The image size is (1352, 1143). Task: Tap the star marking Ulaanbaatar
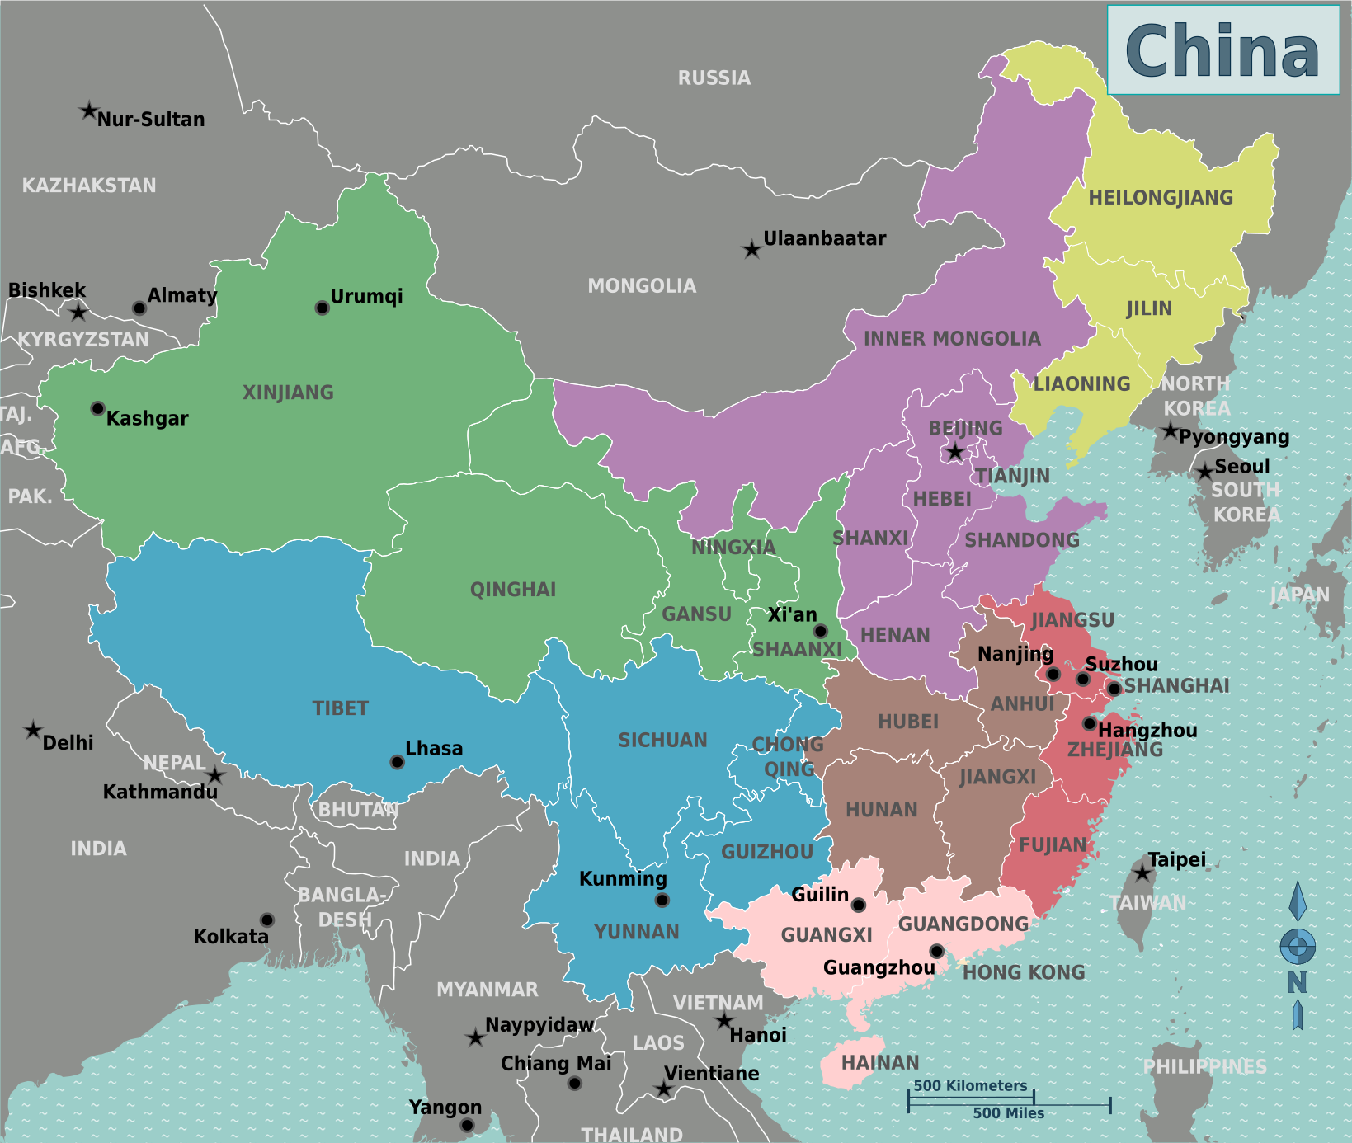[751, 249]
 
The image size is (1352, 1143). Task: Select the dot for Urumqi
[323, 308]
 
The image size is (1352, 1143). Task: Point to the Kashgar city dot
[97, 408]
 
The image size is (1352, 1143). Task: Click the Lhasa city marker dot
[397, 762]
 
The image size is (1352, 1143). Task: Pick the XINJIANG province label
[288, 393]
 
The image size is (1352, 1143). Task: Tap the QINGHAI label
[512, 590]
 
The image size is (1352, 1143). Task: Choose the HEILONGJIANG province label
[1161, 198]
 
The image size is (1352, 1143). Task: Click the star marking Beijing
[954, 452]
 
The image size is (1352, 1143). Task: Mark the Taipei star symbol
[1142, 873]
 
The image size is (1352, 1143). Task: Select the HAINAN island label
[879, 1063]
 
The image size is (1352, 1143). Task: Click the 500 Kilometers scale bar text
[970, 1085]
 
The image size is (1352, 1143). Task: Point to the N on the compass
[1297, 982]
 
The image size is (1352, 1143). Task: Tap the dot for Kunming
[662, 900]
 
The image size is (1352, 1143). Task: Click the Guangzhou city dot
[936, 951]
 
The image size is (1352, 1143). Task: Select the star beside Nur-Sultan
[88, 111]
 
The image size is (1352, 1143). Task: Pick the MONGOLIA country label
[642, 286]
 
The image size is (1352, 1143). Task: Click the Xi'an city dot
[820, 631]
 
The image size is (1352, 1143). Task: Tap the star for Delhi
[33, 730]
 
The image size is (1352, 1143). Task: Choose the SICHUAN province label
[662, 741]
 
